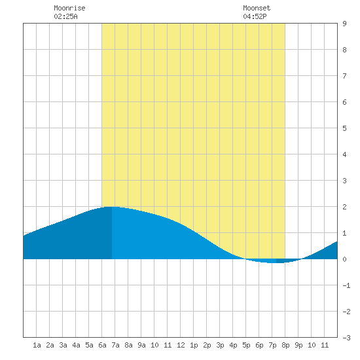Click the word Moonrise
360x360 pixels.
pyautogui.click(x=69, y=8)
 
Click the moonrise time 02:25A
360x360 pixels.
pyautogui.click(x=65, y=16)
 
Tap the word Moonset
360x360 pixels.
pyautogui.click(x=257, y=8)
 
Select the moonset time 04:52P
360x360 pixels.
pyautogui.click(x=255, y=16)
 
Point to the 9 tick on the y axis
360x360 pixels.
pyautogui.click(x=344, y=24)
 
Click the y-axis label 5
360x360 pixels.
pyautogui.click(x=344, y=128)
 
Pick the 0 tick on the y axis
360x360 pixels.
pyautogui.click(x=344, y=259)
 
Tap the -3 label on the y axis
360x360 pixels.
pyautogui.click(x=346, y=338)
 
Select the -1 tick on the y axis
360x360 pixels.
pyautogui.click(x=346, y=285)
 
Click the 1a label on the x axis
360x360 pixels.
pyautogui.click(x=37, y=345)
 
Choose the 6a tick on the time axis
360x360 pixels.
pyautogui.click(x=102, y=345)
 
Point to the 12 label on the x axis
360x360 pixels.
pyautogui.click(x=181, y=345)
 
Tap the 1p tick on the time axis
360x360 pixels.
pyautogui.click(x=194, y=345)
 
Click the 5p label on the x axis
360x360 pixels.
pyautogui.click(x=246, y=345)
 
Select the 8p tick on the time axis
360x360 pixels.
pyautogui.click(x=285, y=345)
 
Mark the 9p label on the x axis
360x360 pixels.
pyautogui.click(x=298, y=345)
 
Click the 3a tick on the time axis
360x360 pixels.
pyautogui.click(x=63, y=345)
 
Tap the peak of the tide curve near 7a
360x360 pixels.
pyautogui.click(x=112, y=207)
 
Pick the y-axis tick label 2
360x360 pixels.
pyautogui.click(x=344, y=207)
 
